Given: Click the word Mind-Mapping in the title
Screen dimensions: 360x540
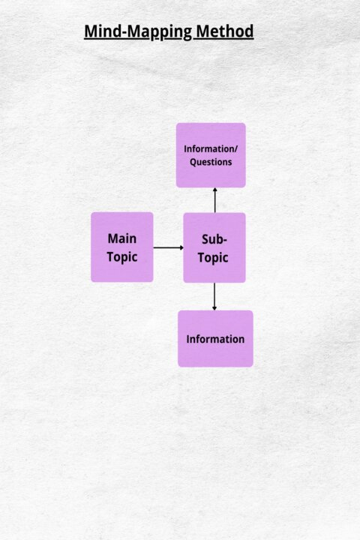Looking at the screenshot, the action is tap(138, 31).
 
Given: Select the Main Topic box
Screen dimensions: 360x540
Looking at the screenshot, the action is tap(122, 247).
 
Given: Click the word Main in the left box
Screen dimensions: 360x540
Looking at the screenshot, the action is tap(122, 238).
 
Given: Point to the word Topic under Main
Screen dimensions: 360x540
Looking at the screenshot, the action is tap(122, 257).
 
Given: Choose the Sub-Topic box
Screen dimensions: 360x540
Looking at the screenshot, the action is tap(214, 247).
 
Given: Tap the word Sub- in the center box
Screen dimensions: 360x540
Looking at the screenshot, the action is tap(214, 239).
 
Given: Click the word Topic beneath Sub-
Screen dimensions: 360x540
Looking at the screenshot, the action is tap(213, 258).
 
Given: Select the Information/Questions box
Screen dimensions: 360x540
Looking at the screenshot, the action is tap(211, 155).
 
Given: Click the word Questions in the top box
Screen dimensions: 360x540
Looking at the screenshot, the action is tap(211, 162).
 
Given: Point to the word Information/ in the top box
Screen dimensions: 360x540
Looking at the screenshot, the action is tap(211, 148).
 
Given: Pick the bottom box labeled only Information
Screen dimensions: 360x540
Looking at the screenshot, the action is tap(215, 338).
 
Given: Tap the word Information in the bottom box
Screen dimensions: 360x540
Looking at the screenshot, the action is tap(215, 339).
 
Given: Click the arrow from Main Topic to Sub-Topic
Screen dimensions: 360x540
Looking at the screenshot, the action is tap(169, 247).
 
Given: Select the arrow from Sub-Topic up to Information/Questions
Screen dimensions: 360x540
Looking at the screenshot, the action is tap(215, 200).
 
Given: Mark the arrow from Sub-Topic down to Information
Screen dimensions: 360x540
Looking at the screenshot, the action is tap(214, 296).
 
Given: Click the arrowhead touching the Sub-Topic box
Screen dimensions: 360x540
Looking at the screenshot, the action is tap(181, 247).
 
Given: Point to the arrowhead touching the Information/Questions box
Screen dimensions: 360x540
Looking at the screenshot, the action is tap(215, 190).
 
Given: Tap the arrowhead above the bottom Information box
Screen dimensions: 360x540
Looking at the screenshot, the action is tap(214, 308).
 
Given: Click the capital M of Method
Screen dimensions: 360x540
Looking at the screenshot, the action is tap(203, 31).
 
